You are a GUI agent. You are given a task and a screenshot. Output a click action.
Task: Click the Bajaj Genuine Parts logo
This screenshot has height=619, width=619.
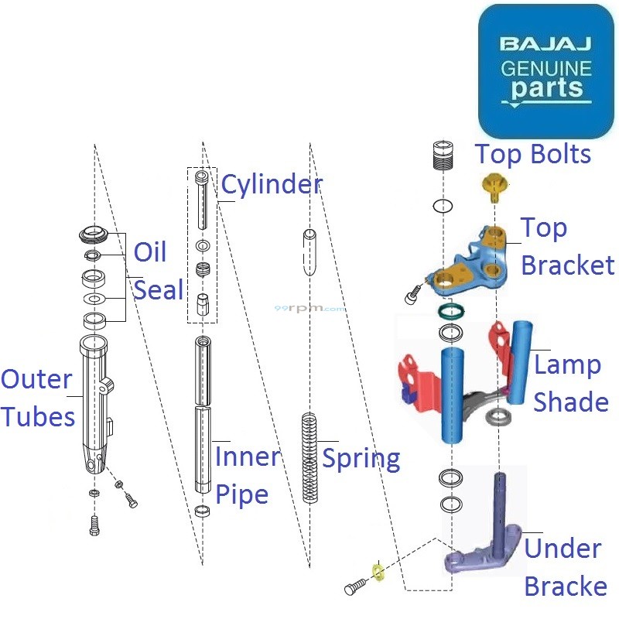coord(545,71)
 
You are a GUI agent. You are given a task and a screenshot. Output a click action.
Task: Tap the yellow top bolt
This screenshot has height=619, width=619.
coord(493,186)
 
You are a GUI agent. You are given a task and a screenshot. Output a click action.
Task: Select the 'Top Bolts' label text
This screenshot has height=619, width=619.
coord(533,154)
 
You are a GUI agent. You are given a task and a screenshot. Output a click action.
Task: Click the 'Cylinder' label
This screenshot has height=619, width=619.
coord(271,185)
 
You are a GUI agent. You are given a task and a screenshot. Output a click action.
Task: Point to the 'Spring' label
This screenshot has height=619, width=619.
coord(361,458)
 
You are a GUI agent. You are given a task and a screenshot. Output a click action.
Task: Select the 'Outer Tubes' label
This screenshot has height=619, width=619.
coord(37,398)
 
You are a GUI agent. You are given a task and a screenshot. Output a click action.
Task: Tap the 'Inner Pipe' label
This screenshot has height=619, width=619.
coord(247,474)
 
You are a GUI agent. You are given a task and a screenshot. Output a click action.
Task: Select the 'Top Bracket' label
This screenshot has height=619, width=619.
coord(566,247)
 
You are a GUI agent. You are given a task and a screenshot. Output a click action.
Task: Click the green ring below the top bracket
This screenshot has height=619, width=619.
coord(450,312)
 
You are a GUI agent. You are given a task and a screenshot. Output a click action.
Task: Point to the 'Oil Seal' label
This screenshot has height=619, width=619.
coord(159,271)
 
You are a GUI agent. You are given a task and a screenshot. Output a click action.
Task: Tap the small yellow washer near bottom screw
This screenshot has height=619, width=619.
coord(378,572)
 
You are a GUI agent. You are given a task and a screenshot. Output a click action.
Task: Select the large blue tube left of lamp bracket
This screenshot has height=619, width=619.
coord(455,395)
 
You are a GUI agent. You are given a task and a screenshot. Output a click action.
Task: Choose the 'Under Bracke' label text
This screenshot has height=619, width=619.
coord(565,567)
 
